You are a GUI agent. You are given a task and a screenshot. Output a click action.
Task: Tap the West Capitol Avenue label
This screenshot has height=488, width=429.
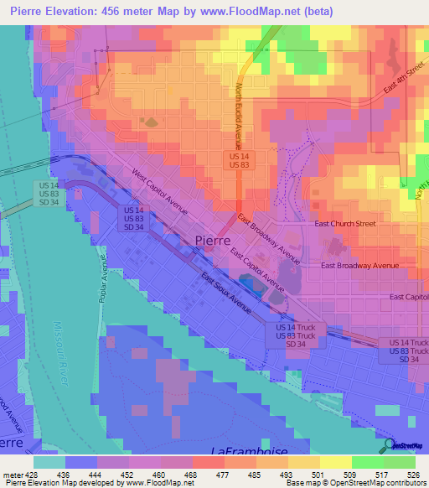click(158, 190)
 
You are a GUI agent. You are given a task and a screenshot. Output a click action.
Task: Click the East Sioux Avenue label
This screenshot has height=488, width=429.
click(225, 293)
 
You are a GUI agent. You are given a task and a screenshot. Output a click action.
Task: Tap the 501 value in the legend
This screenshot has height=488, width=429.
click(320, 475)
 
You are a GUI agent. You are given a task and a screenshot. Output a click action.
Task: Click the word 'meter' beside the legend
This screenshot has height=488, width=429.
click(13, 475)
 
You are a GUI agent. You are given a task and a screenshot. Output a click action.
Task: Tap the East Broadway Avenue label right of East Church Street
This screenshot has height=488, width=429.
click(360, 266)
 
